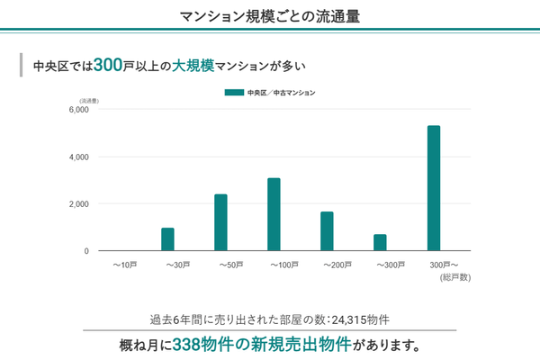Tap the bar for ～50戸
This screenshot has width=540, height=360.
tap(220, 222)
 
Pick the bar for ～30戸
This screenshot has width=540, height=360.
tap(167, 239)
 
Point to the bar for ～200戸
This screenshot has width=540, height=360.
tap(327, 231)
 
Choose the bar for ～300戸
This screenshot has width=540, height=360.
tap(380, 242)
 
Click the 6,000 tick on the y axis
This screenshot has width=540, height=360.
tap(78, 110)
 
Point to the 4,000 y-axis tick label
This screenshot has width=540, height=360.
tap(78, 157)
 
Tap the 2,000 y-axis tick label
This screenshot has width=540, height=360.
tap(78, 204)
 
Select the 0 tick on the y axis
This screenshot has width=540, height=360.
tap(86, 251)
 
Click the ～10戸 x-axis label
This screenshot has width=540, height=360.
tap(125, 265)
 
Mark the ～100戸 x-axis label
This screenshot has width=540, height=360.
tap(285, 265)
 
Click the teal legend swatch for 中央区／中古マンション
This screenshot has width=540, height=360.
tap(234, 92)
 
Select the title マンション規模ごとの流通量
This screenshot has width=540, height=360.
tap(270, 15)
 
